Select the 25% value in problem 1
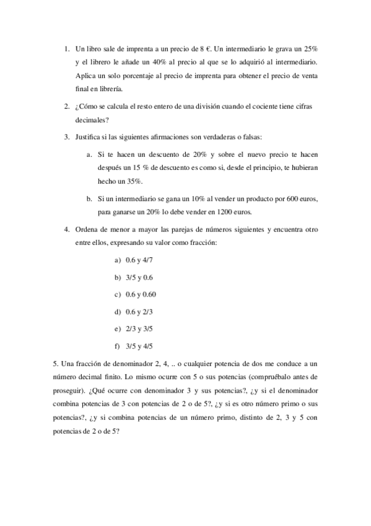point(310,48)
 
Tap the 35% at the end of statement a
point(136,181)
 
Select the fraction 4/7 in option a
point(146,261)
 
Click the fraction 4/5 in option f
point(147,346)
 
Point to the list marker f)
point(117,346)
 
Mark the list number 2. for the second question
point(66,106)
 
